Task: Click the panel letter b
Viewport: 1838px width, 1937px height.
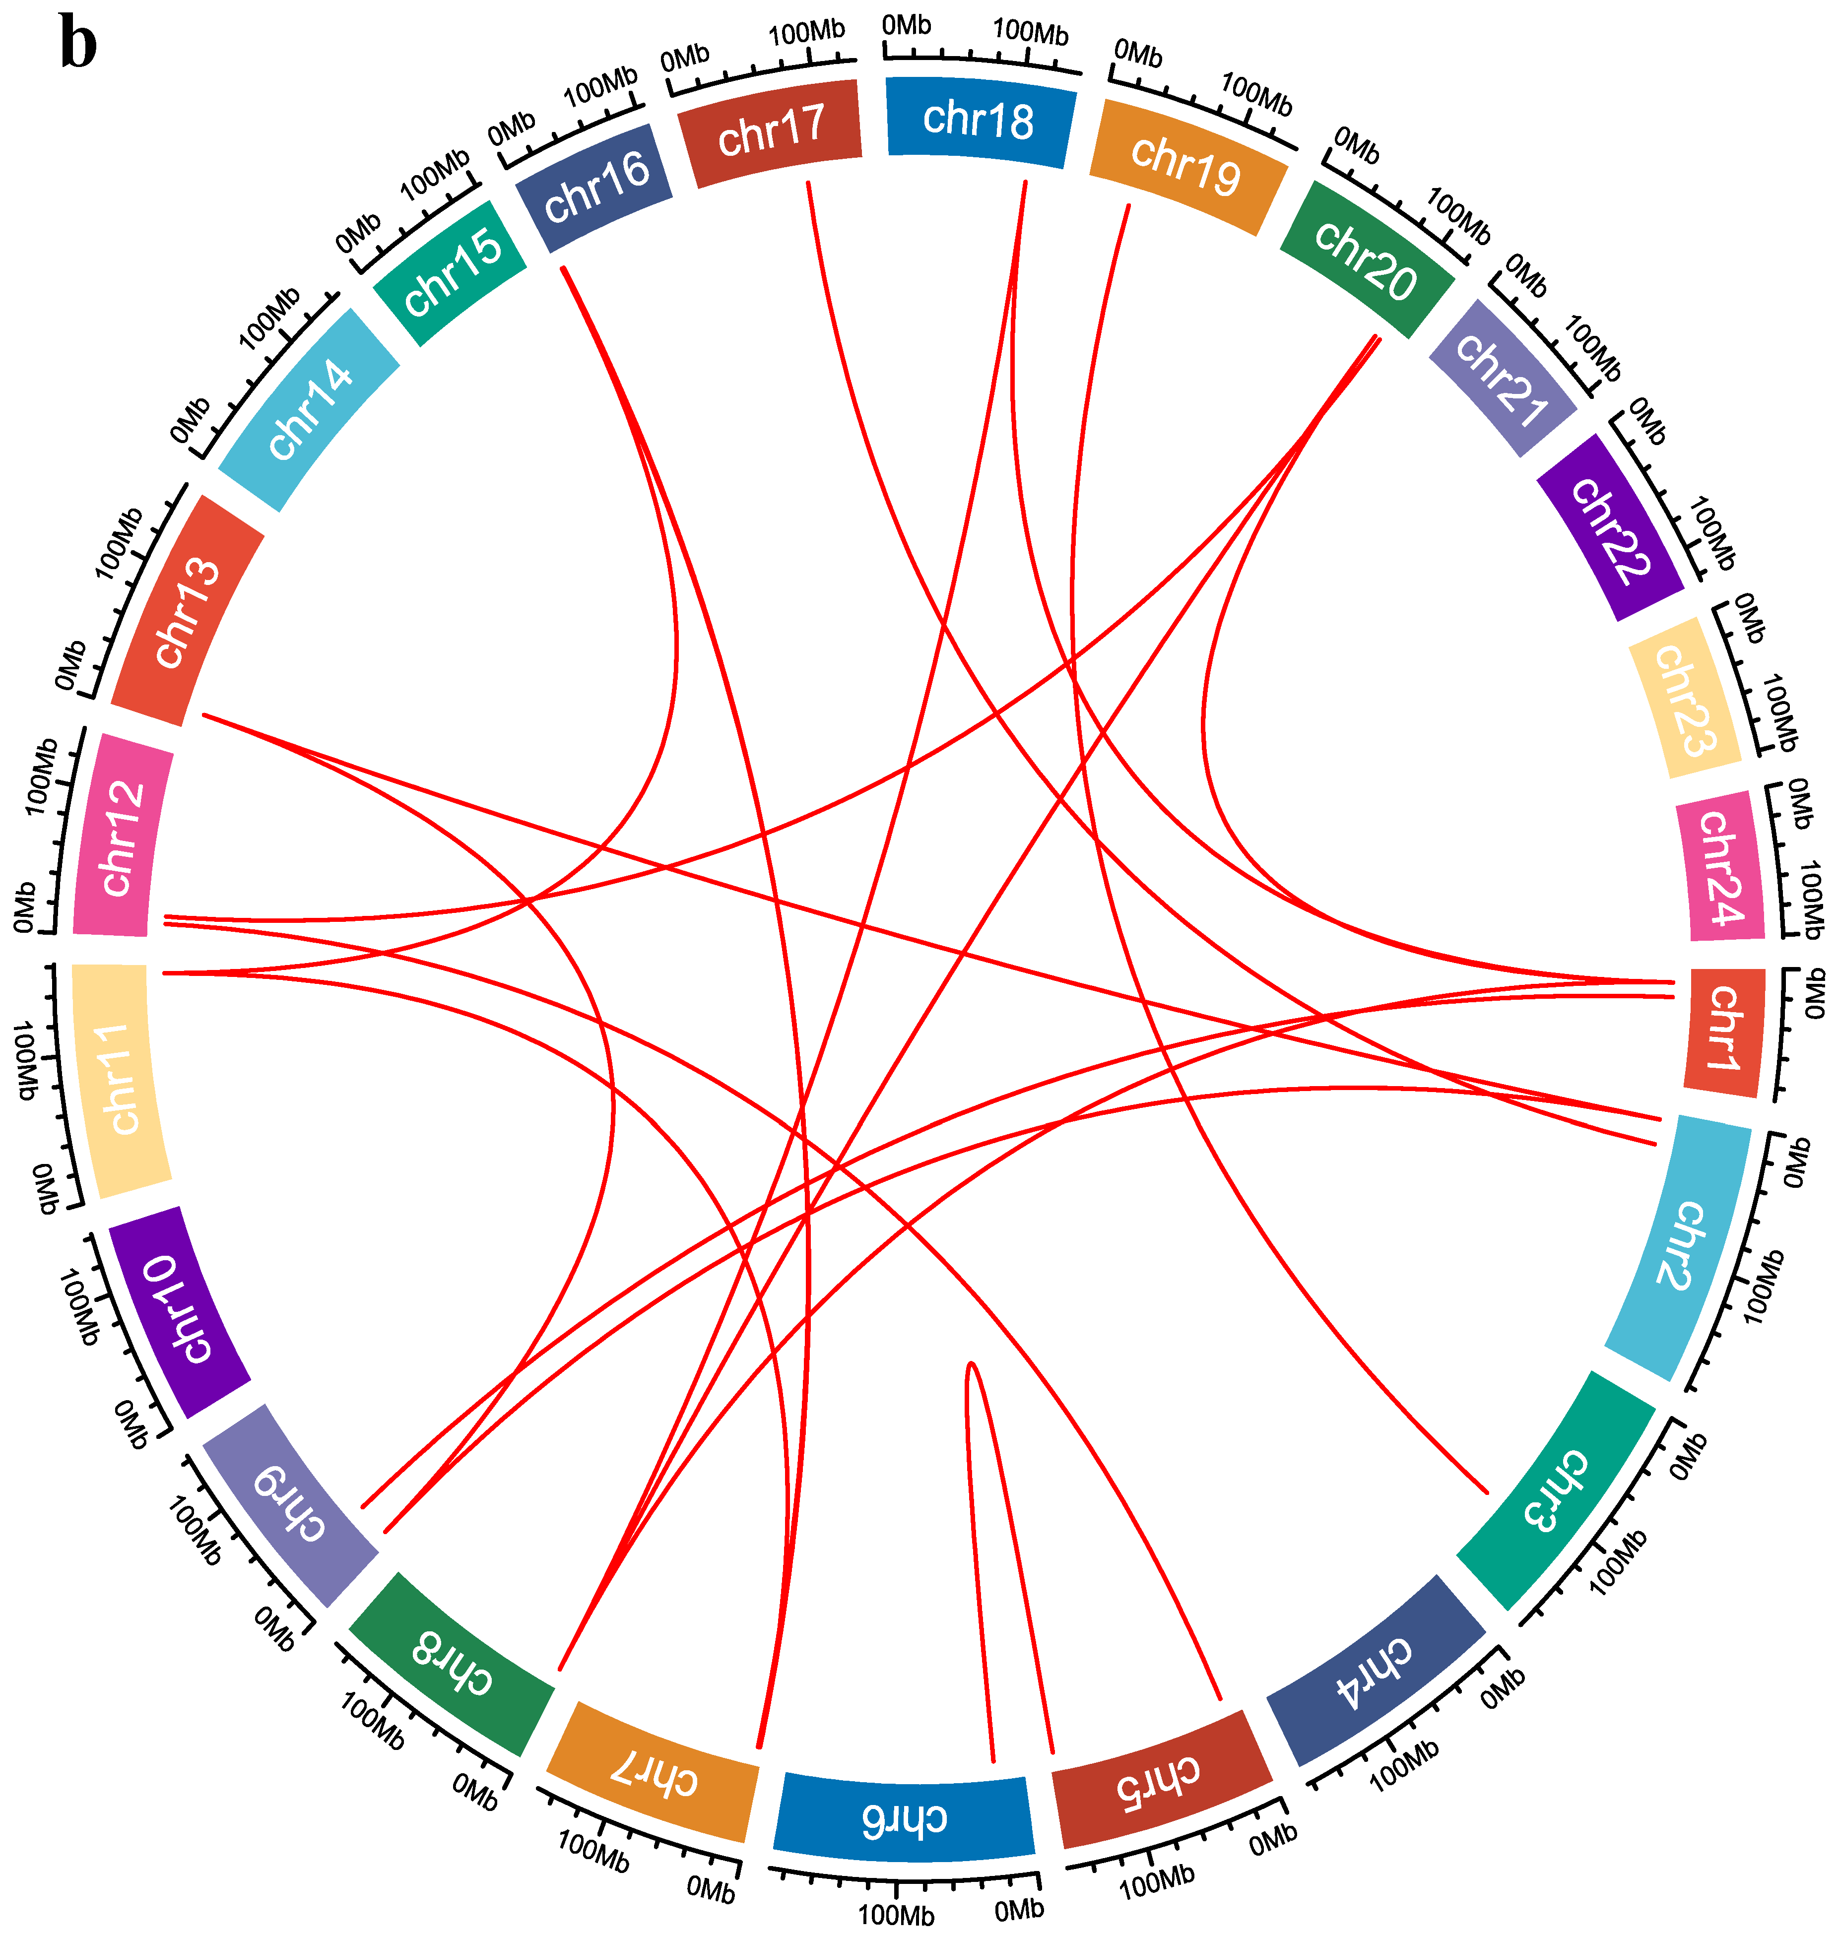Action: point(78,44)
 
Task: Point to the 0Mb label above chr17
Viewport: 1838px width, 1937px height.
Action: point(684,59)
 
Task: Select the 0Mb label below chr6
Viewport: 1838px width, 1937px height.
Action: point(1019,1909)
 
